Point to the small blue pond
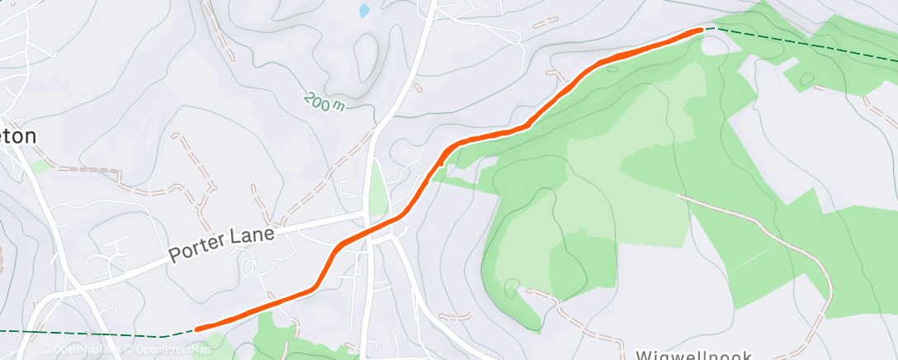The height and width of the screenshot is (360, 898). click(x=364, y=11)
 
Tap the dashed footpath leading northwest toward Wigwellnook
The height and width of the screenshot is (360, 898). click(x=578, y=318)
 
